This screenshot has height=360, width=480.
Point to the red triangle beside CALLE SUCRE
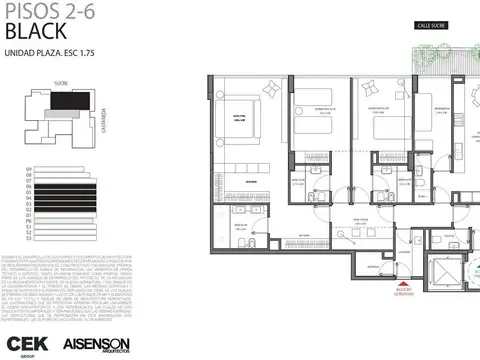click(420, 52)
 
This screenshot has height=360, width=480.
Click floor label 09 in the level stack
click(29, 169)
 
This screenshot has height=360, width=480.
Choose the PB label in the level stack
click(29, 223)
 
